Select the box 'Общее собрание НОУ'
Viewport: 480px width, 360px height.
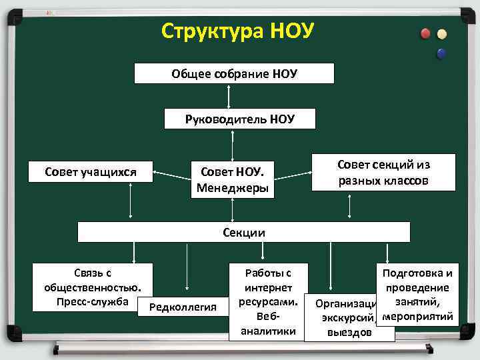point(234,73)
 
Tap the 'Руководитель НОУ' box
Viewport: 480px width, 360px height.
point(240,119)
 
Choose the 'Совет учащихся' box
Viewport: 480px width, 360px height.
point(91,173)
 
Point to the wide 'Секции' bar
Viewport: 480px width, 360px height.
point(243,232)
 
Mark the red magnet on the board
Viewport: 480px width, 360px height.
point(425,33)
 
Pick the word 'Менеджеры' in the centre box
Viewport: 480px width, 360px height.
point(232,189)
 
